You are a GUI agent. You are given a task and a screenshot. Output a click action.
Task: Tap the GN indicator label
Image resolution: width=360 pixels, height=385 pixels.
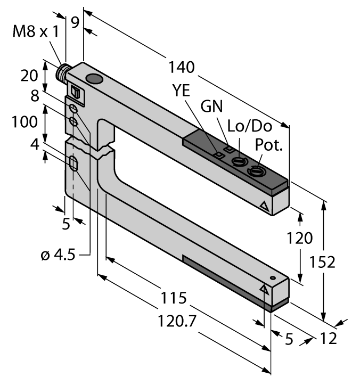(212, 106)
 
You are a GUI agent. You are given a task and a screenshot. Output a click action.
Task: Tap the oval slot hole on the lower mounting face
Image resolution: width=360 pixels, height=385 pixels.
(74, 164)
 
